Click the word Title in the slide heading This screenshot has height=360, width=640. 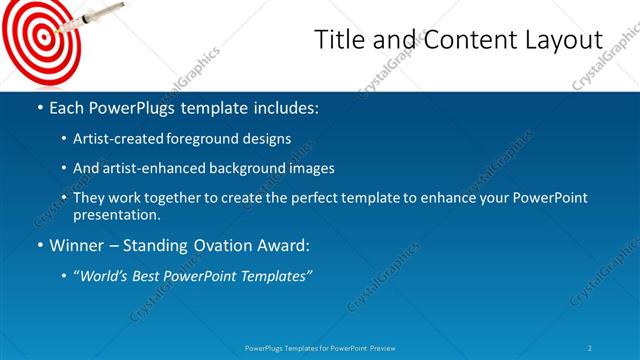click(x=340, y=41)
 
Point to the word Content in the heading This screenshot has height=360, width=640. click(x=458, y=41)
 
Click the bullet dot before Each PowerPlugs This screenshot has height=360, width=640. click(x=39, y=108)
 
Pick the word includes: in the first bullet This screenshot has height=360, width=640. click(x=285, y=108)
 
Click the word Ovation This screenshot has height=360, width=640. click(x=225, y=244)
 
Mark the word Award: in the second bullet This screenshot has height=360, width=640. click(x=285, y=244)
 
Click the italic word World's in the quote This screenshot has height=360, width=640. click(x=106, y=275)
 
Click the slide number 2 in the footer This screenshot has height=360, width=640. click(x=590, y=348)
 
